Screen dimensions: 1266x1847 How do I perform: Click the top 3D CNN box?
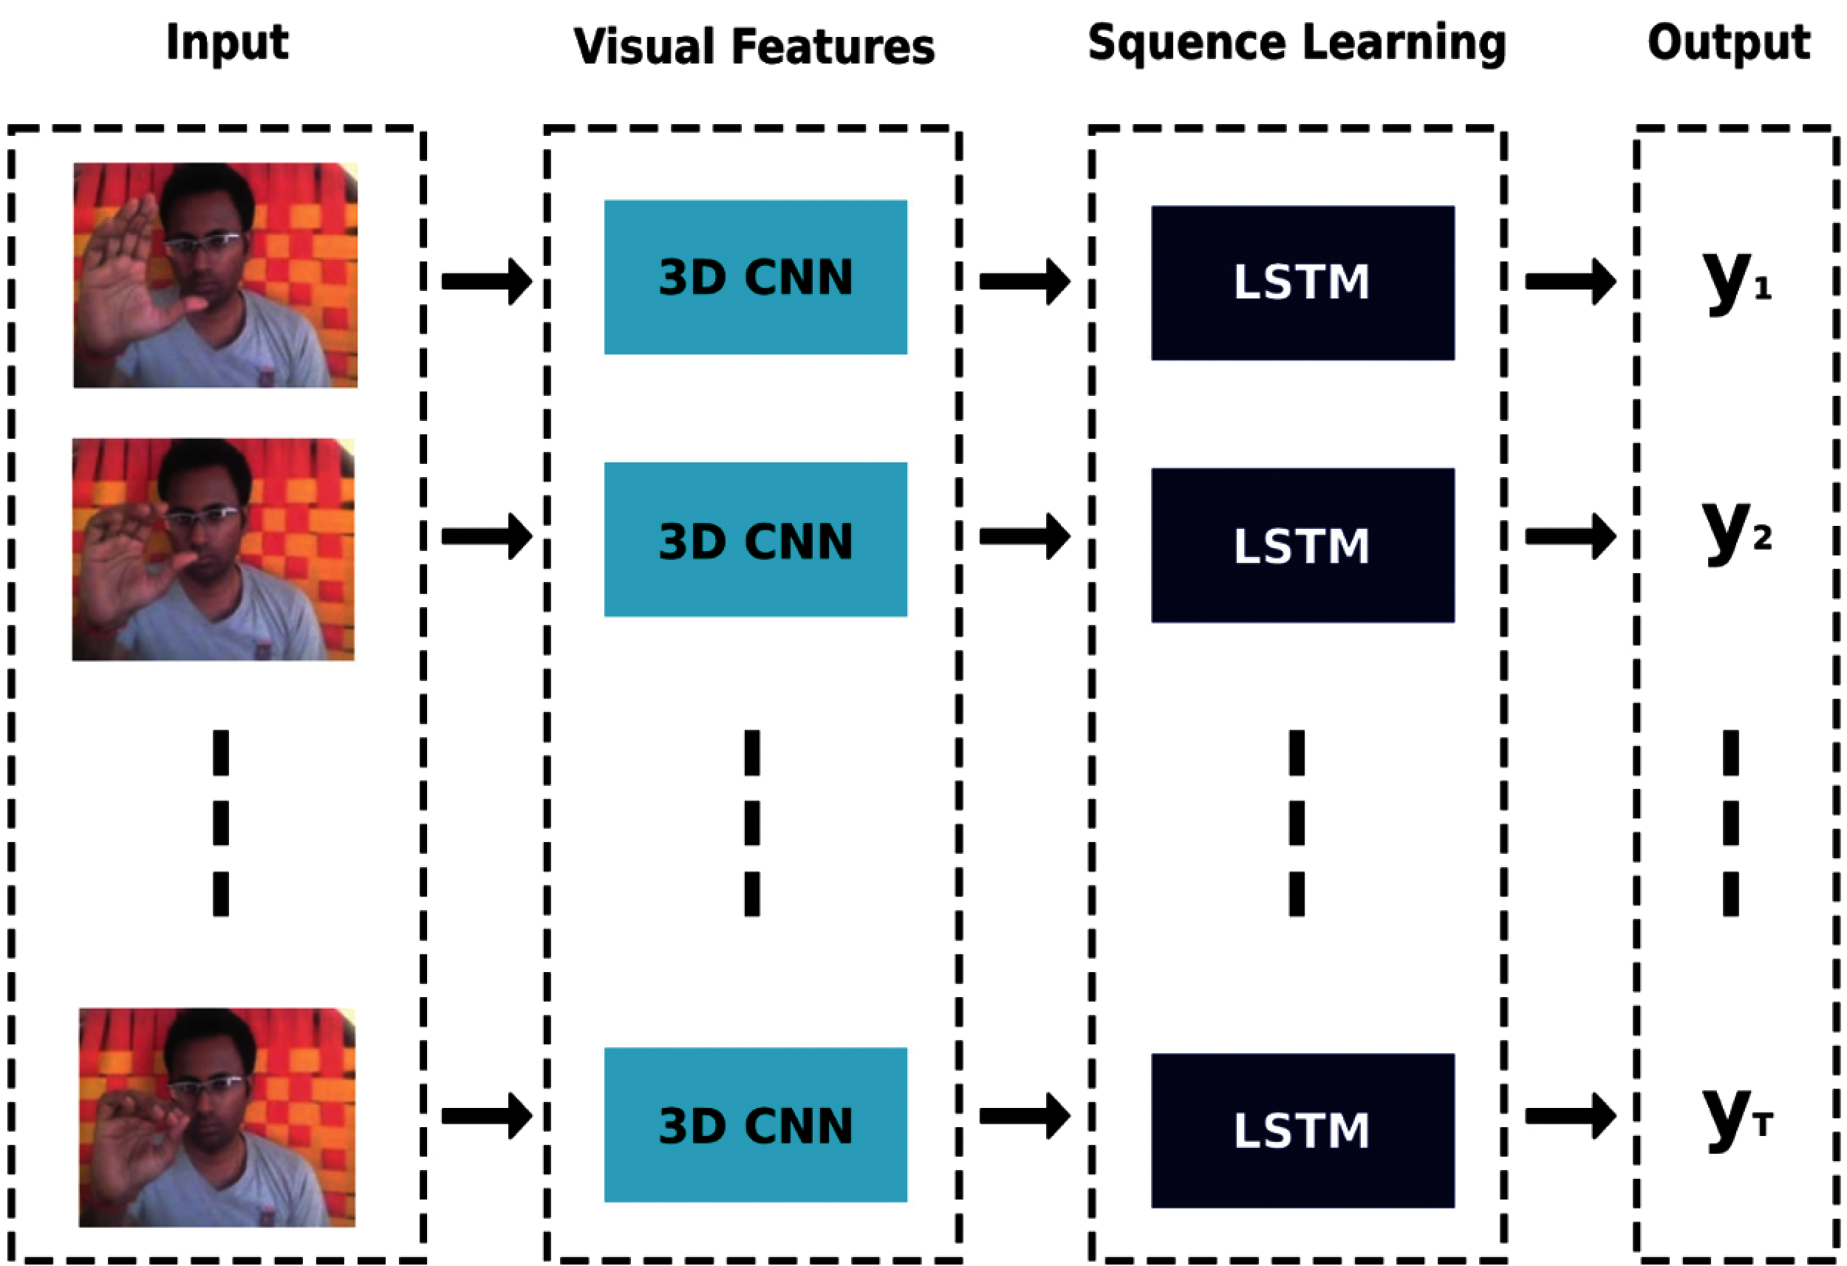(x=755, y=276)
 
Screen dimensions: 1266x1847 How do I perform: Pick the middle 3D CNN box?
(x=755, y=540)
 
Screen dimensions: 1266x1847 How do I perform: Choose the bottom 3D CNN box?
(x=755, y=1124)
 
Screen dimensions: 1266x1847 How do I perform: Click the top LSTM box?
(x=1302, y=282)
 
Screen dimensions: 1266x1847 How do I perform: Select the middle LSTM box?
(x=1302, y=545)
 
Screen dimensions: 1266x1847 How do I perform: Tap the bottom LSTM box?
(x=1302, y=1129)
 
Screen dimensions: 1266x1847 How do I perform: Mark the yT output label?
(x=1735, y=1117)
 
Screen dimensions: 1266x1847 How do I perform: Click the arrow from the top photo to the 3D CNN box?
(x=486, y=281)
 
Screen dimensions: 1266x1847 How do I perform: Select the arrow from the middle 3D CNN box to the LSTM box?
(x=1024, y=536)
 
